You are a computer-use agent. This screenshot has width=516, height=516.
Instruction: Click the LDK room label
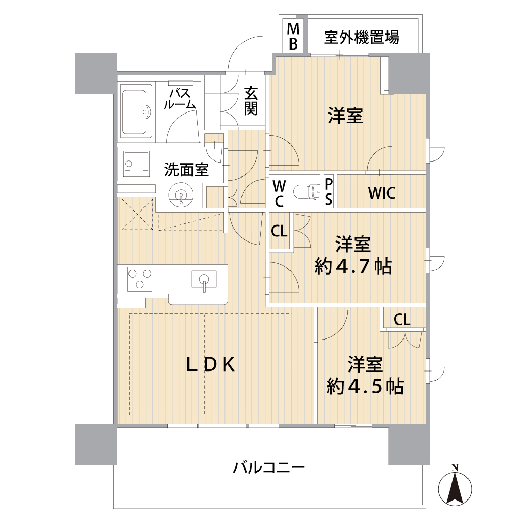pyautogui.click(x=211, y=364)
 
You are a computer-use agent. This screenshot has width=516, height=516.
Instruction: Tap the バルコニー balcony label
pyautogui.click(x=269, y=467)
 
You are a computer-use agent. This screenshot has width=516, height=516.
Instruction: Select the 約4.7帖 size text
pyautogui.click(x=353, y=267)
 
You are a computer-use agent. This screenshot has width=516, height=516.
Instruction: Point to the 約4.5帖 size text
pyautogui.click(x=365, y=386)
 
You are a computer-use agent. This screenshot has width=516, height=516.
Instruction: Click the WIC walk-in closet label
pyautogui.click(x=382, y=193)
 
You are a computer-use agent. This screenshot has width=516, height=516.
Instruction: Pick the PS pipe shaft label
pyautogui.click(x=328, y=191)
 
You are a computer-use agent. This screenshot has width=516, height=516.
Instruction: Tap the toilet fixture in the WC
pyautogui.click(x=306, y=191)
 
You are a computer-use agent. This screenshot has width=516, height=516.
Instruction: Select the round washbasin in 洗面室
pyautogui.click(x=181, y=196)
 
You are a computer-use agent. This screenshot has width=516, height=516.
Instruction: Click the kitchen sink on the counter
pyautogui.click(x=204, y=279)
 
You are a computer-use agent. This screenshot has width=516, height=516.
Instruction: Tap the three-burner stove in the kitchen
pyautogui.click(x=139, y=279)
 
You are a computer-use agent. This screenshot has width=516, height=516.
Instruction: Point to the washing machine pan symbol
pyautogui.click(x=136, y=164)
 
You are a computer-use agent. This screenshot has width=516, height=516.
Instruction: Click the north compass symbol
pyautogui.click(x=455, y=487)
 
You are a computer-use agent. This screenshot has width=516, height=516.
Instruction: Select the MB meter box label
pyautogui.click(x=293, y=37)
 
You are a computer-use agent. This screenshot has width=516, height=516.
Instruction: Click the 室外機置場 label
pyautogui.click(x=361, y=37)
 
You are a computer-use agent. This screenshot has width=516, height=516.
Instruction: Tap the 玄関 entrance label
pyautogui.click(x=251, y=101)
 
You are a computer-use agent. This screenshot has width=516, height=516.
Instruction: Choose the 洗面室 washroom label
pyautogui.click(x=186, y=169)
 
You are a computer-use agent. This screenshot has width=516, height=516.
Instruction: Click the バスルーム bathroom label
pyautogui.click(x=180, y=99)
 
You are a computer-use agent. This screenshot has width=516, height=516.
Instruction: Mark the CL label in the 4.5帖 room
pyautogui.click(x=402, y=319)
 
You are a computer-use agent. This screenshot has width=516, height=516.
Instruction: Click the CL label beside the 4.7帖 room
pyautogui.click(x=279, y=231)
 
